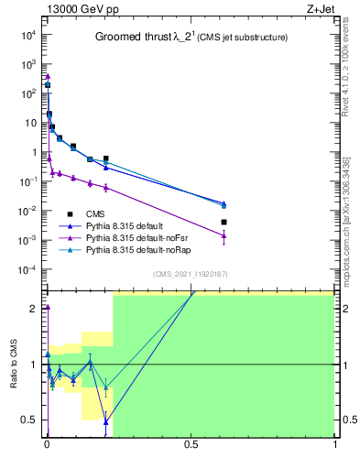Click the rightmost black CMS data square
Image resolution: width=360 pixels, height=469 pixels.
pyautogui.click(x=224, y=222)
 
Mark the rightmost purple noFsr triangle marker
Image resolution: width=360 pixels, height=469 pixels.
pyautogui.click(x=224, y=235)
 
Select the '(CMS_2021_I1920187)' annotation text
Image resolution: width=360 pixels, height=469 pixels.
pyautogui.click(x=190, y=274)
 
